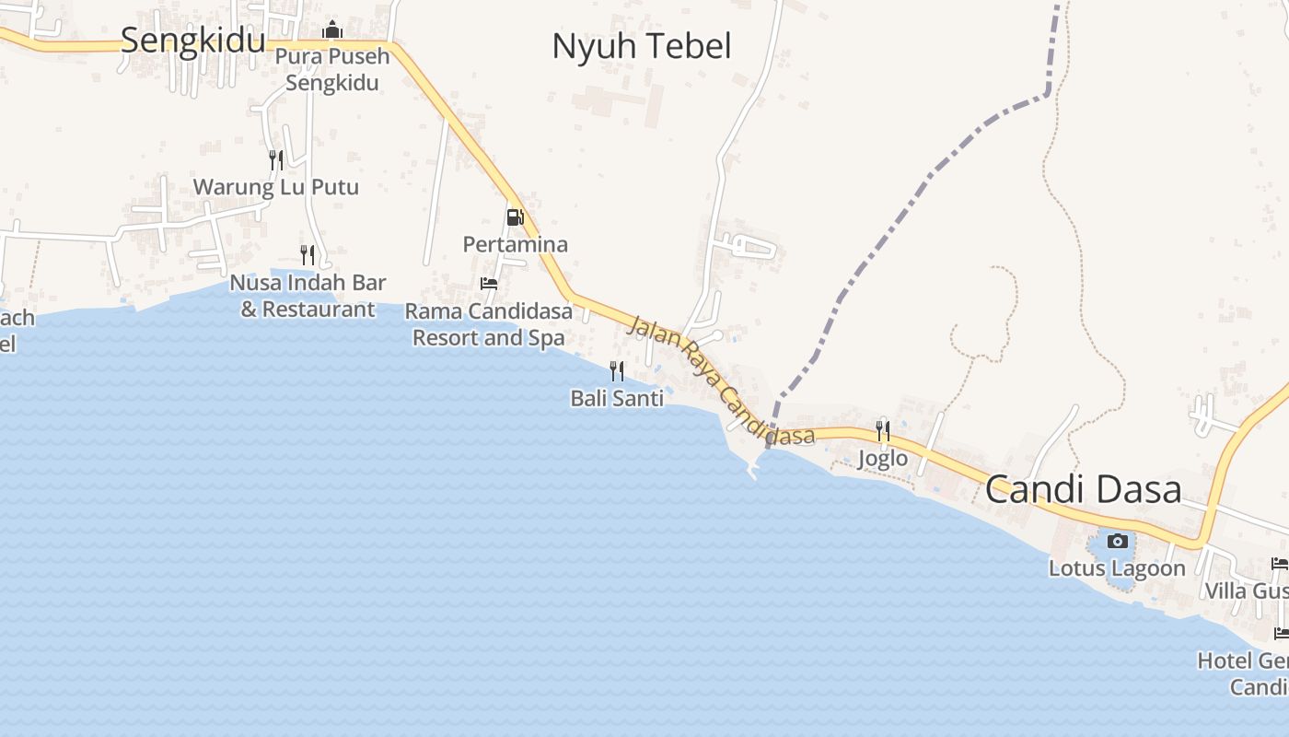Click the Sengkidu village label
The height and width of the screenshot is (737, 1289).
(192, 41)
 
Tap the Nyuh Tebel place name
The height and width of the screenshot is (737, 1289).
(642, 46)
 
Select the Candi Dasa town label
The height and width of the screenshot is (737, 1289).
(1083, 489)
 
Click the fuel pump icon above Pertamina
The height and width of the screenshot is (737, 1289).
(515, 217)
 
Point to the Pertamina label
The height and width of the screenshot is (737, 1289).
(515, 245)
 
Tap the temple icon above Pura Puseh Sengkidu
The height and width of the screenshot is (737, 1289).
(332, 31)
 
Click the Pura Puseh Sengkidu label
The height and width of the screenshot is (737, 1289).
(332, 69)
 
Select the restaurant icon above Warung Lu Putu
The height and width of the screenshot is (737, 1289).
(275, 159)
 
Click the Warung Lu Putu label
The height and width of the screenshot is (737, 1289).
(275, 188)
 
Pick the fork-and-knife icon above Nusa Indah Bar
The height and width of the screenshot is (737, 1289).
(308, 254)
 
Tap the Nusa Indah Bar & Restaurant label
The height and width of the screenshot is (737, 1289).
(308, 296)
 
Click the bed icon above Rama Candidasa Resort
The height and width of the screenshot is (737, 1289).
(489, 284)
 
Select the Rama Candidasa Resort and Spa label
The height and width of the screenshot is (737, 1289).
(489, 324)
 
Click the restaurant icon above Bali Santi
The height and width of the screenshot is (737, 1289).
(617, 370)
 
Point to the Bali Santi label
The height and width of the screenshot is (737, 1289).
(617, 399)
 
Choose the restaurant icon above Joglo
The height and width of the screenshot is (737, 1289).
(882, 430)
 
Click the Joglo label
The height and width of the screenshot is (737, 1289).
(882, 458)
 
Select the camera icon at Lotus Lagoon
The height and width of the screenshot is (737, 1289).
(1117, 541)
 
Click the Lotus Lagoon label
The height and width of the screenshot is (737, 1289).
(1117, 568)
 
